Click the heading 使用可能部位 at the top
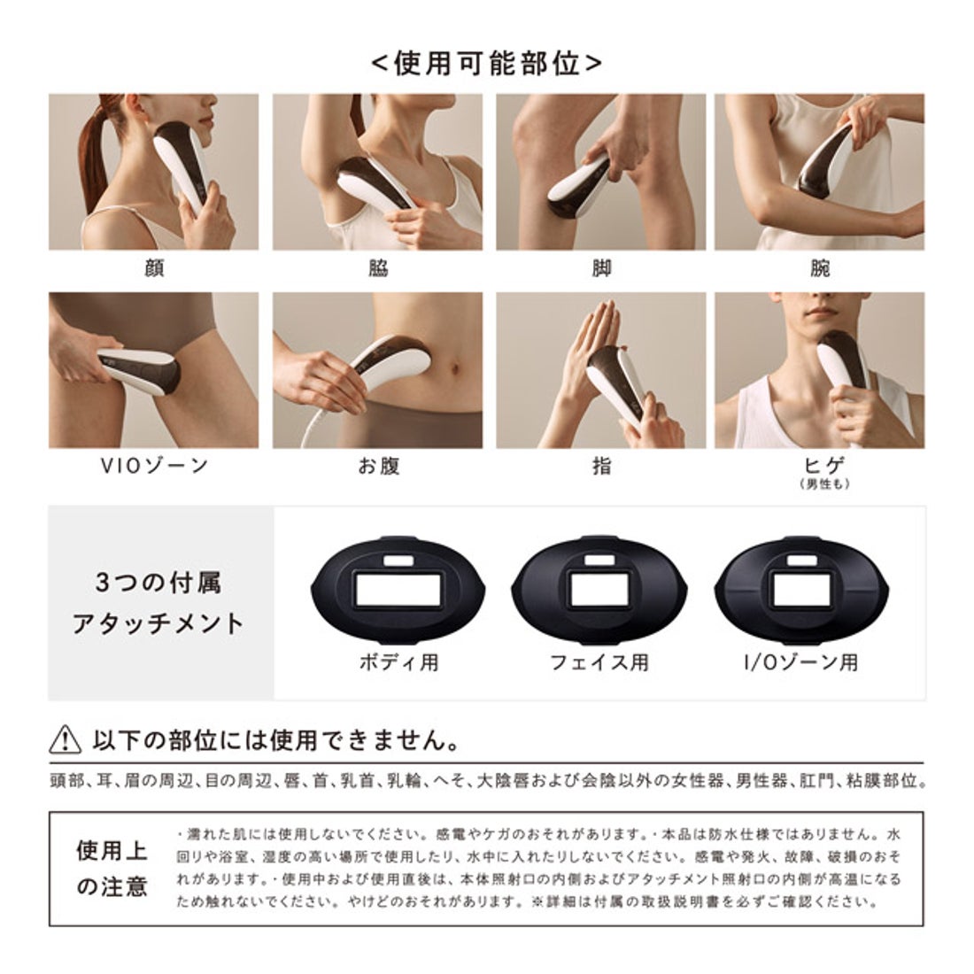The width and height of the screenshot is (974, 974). pos(486,65)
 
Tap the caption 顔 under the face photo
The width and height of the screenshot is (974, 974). pos(153,268)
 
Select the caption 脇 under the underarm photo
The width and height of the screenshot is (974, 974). pos(378,268)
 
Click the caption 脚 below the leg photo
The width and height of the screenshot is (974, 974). pos(601,268)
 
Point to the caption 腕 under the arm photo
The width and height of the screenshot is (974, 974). pos(820,268)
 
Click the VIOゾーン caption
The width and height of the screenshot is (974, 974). pos(154,466)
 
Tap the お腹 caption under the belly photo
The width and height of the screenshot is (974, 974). pos(378,466)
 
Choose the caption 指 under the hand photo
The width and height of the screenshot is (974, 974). pos(601,466)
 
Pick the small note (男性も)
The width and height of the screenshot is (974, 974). pos(820,484)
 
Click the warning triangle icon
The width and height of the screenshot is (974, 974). pos(67,738)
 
